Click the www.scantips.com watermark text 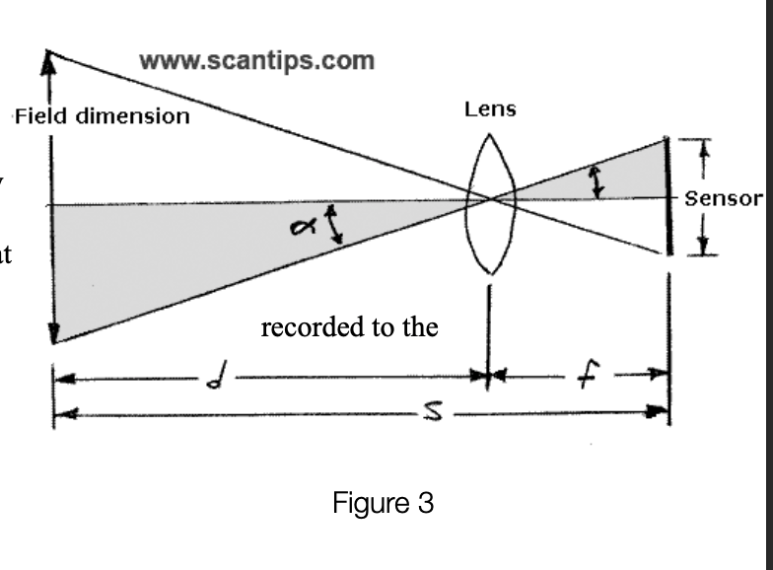pos(256,61)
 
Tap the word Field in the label pos(40,116)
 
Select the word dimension pos(133,116)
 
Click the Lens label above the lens pos(490,108)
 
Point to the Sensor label pos(724,198)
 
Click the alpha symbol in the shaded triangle pos(303,227)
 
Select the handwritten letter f pos(588,375)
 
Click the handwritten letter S pos(434,411)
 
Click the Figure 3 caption pos(383,503)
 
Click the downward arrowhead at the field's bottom pos(53,333)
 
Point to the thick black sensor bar pos(668,197)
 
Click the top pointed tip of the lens pos(489,134)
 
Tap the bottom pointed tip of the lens pos(491,272)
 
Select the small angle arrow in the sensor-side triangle pos(597,181)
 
